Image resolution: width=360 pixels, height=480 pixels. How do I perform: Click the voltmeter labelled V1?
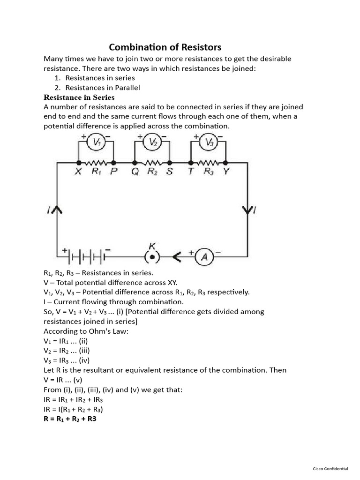click(96, 143)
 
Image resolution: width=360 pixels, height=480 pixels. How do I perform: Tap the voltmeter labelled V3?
click(209, 143)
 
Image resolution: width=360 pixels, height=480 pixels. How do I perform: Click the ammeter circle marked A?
click(204, 257)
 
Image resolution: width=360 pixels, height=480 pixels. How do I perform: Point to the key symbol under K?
click(152, 257)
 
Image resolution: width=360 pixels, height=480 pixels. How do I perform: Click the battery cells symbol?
click(87, 257)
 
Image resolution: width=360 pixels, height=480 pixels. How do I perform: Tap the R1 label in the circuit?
click(97, 172)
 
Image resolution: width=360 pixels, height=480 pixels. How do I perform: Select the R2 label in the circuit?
click(152, 172)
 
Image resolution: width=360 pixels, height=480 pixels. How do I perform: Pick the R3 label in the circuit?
click(209, 172)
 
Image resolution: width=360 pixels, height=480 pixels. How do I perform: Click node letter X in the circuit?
click(78, 172)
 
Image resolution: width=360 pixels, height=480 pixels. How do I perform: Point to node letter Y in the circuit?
click(226, 172)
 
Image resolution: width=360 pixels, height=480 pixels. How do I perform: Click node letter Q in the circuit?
click(135, 172)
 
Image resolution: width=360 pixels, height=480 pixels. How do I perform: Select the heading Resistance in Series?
click(79, 97)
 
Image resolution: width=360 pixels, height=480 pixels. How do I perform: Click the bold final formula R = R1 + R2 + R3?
click(70, 419)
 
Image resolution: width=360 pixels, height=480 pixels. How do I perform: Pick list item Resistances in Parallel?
click(103, 88)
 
